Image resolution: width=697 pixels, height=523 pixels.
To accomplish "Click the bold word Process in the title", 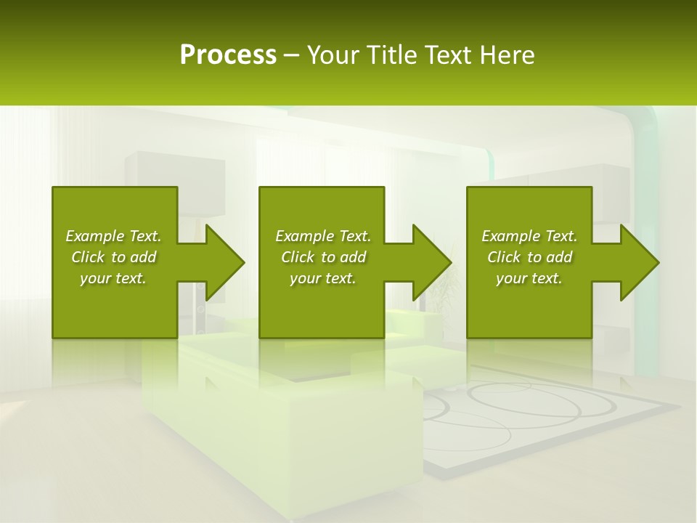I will coord(228,55).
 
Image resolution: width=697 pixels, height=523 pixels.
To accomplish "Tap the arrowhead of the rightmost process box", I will coord(638,262).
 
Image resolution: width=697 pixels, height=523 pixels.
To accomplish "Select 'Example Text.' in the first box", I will coord(113,236).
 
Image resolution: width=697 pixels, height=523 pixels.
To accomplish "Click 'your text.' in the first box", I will coord(113,278).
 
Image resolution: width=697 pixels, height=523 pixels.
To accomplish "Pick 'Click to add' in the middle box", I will coord(323,257).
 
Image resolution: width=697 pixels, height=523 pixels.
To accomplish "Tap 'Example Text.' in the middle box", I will coord(323,236).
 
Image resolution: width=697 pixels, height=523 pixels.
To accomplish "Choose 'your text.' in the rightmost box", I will coord(529,278).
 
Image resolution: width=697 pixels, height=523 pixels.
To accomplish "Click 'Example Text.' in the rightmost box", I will coord(529,236).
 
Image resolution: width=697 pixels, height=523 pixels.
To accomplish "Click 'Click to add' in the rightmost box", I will coord(529,257).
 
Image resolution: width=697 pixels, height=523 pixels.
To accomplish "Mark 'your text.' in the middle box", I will coord(323,278).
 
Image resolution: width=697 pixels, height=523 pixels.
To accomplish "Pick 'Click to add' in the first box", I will coord(113,257).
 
